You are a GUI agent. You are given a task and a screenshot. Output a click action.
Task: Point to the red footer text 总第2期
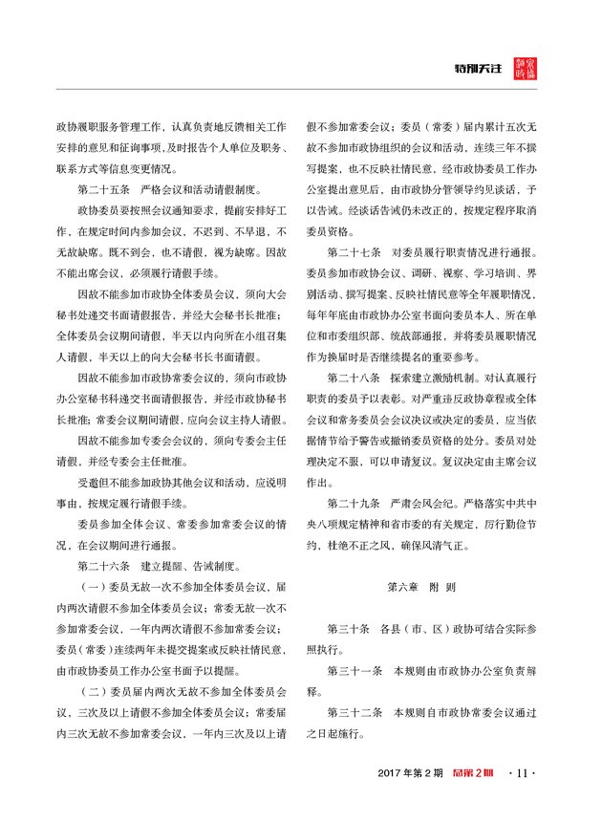(471, 771)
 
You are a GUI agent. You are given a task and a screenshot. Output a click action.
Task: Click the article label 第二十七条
(354, 252)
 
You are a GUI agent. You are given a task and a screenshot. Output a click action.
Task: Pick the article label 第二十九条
(354, 502)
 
